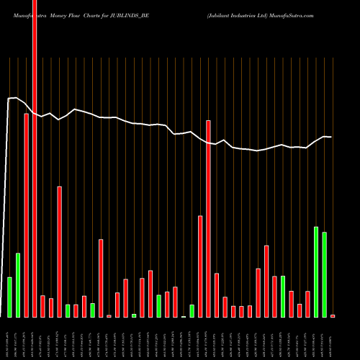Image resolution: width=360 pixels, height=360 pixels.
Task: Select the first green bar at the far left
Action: coord(9,297)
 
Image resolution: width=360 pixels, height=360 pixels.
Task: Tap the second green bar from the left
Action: coord(18,285)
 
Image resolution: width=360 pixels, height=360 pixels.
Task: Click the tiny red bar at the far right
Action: coord(333,316)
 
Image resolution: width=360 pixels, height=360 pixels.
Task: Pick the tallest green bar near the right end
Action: coord(316,271)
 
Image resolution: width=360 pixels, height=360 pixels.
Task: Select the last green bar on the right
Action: coord(325,274)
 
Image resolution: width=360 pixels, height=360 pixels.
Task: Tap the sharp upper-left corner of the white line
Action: coord(8,99)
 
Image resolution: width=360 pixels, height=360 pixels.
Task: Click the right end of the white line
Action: coord(330,137)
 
